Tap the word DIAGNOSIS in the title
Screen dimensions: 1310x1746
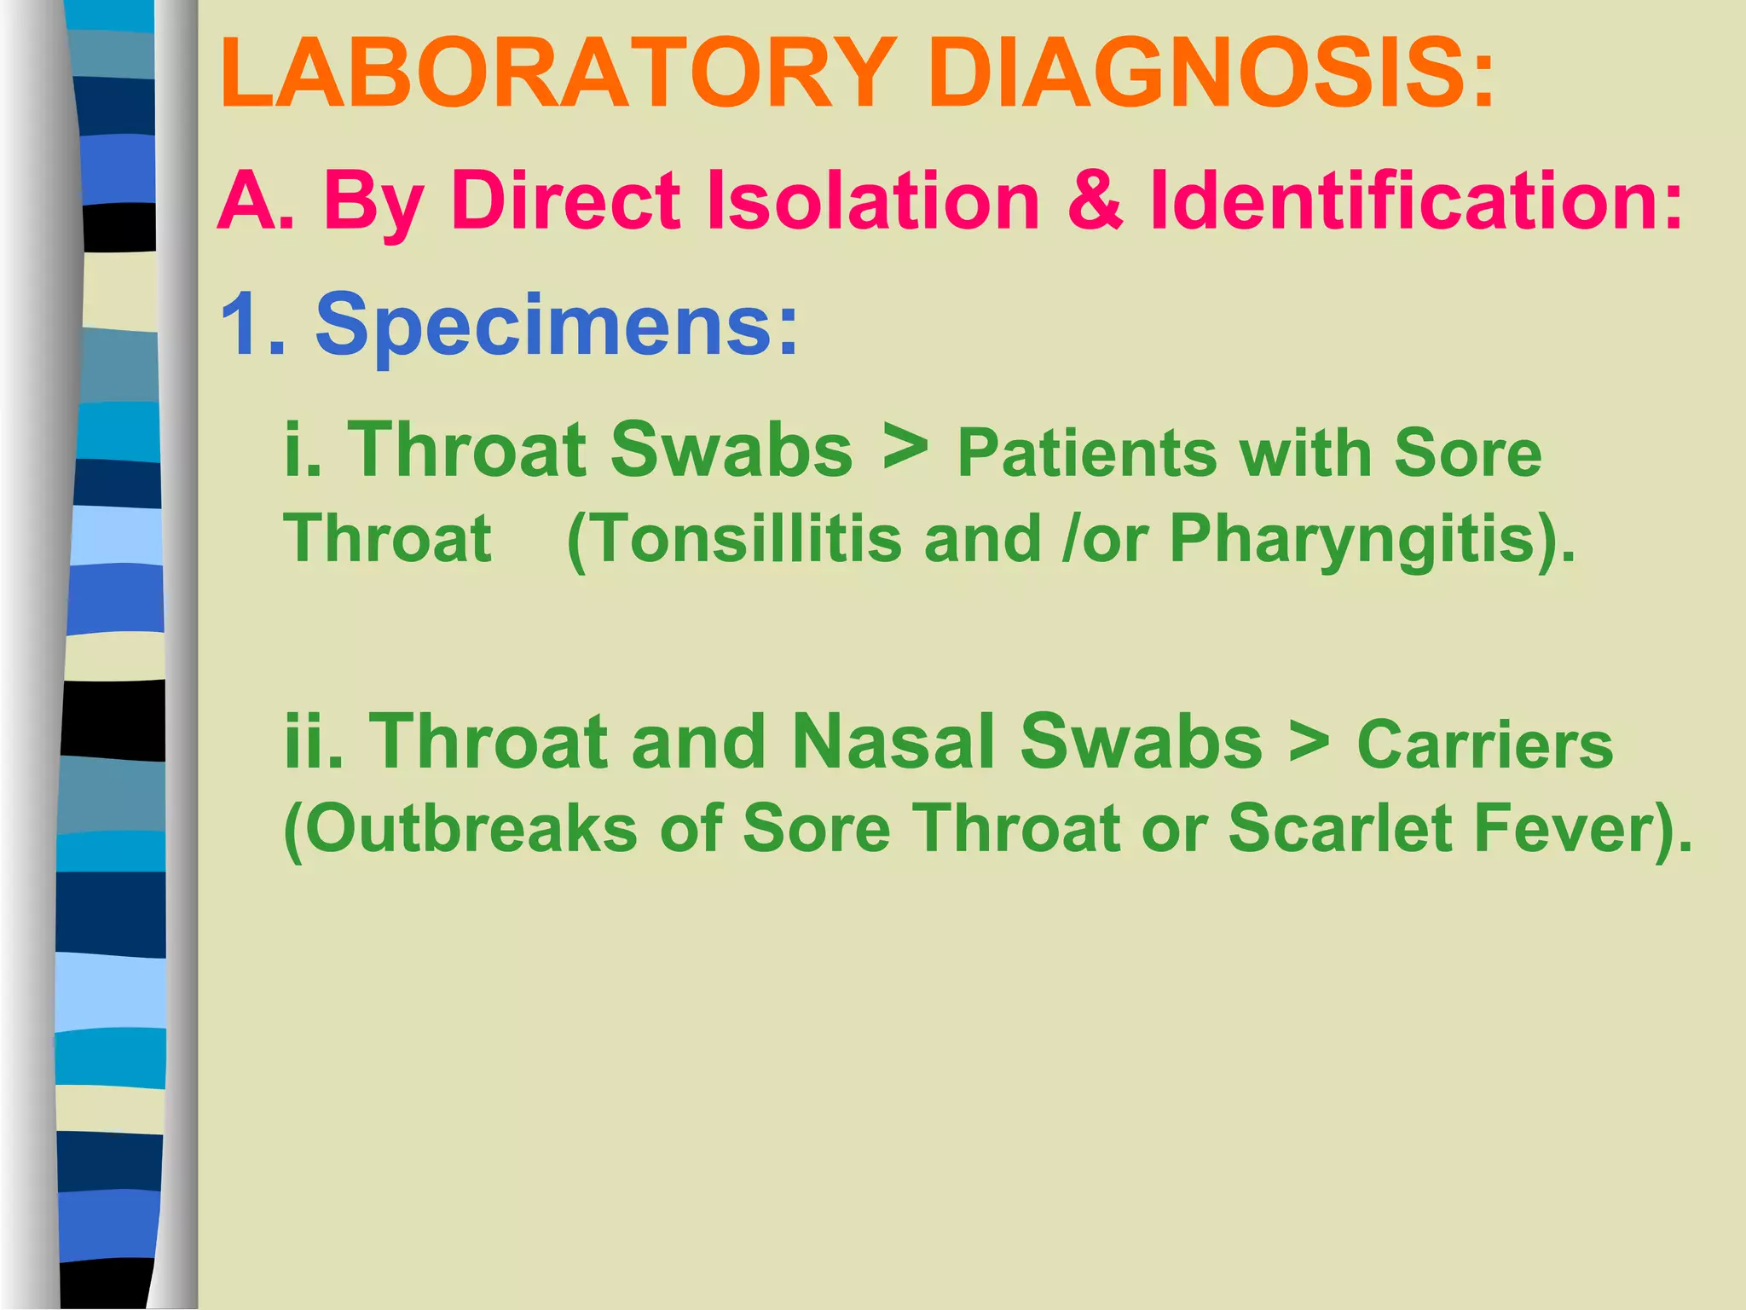click(x=1211, y=74)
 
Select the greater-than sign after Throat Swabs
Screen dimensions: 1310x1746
click(x=905, y=449)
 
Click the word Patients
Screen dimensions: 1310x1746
click(x=1087, y=454)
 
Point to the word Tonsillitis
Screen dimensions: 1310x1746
click(x=734, y=539)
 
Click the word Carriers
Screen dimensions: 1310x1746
click(x=1484, y=745)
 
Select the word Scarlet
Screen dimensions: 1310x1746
click(x=1339, y=829)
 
